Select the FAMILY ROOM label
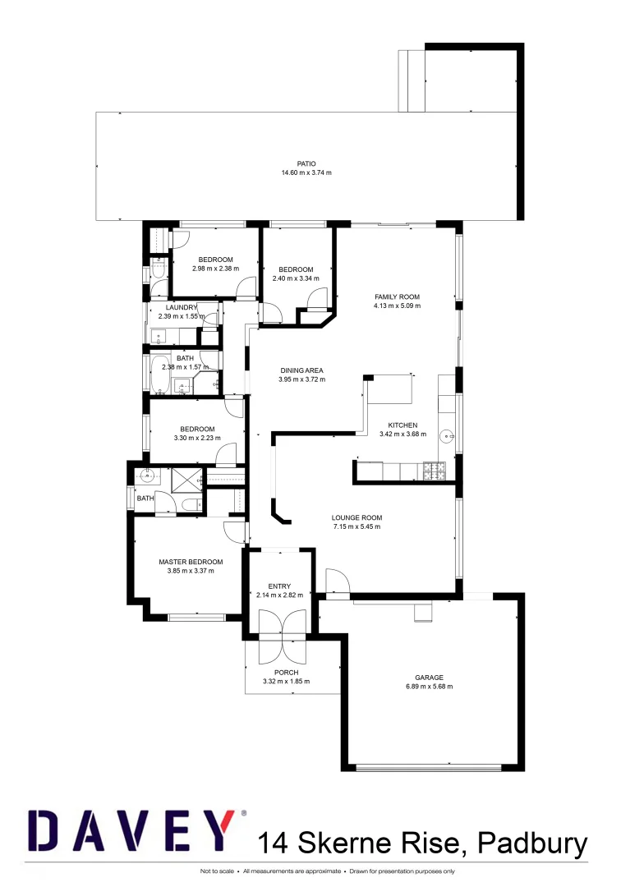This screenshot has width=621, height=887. pos(398,296)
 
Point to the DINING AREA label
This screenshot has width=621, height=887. pos(301,370)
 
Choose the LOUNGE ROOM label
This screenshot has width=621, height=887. pos(356,517)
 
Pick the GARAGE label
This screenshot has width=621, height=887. pos(429,678)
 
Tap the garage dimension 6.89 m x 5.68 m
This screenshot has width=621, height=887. pos(429,687)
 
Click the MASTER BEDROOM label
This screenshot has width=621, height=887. pos(191,563)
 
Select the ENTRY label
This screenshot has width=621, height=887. pos(279,586)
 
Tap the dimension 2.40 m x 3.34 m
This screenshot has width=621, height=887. pos(296,278)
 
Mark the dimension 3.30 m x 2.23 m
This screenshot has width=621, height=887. pos(197,438)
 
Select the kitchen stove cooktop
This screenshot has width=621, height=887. pos(433,471)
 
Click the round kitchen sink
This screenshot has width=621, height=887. pos(447,436)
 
